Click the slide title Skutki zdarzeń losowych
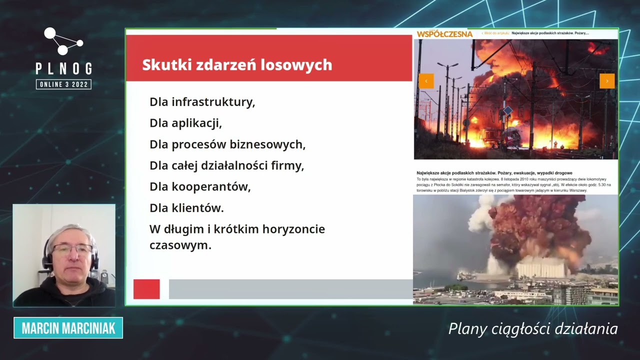point(237,65)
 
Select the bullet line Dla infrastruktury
point(202,102)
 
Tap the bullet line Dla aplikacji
point(185,123)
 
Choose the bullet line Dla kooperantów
point(200,186)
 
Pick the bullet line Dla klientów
point(186,208)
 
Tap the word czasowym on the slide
point(180,245)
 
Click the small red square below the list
point(146,289)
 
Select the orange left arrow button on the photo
point(426,81)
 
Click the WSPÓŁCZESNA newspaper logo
point(444,34)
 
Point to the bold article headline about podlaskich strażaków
point(494,173)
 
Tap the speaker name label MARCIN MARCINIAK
point(68,328)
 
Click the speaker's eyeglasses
point(70,249)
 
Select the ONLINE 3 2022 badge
point(63,84)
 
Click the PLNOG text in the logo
point(63,68)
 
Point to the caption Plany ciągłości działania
point(533,328)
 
